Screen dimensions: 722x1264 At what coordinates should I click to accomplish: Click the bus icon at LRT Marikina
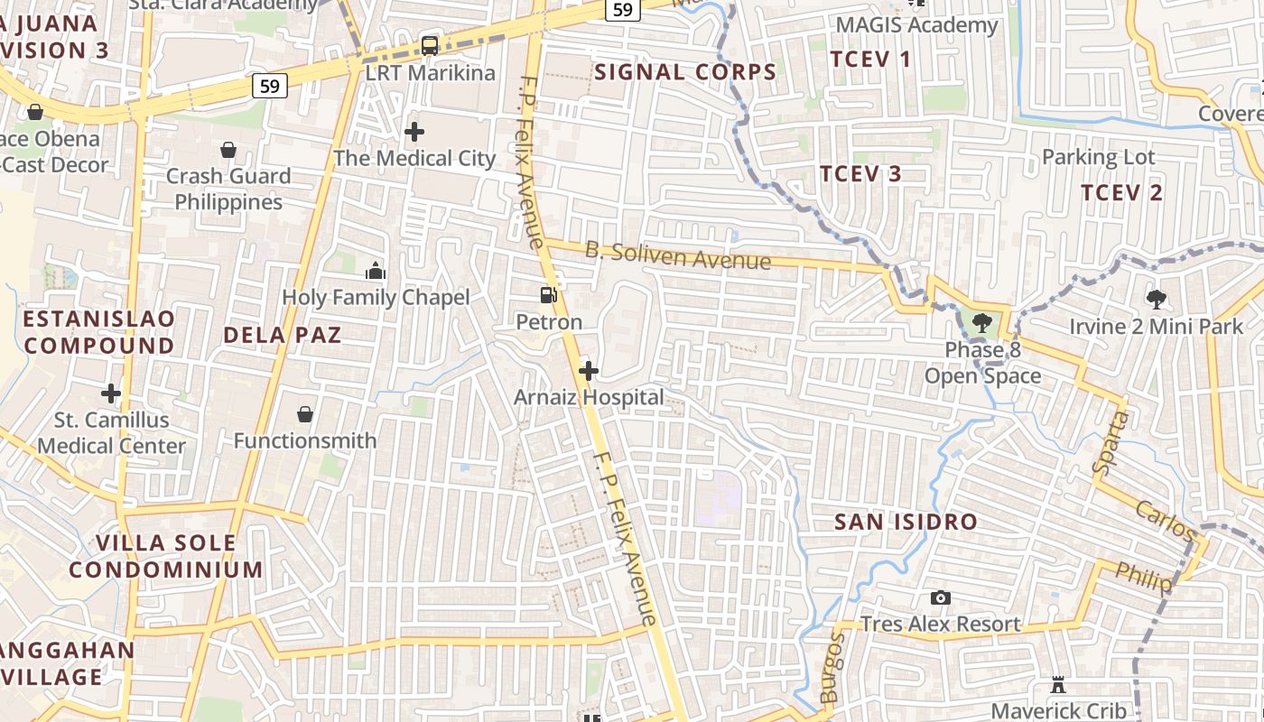coord(430,45)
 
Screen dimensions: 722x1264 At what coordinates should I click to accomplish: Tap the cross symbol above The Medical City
coord(414,132)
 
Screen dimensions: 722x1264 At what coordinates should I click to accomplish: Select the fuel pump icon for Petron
coord(548,295)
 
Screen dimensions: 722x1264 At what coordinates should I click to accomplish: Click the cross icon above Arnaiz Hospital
coord(589,371)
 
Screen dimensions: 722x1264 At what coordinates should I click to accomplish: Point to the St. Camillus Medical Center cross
coord(111,393)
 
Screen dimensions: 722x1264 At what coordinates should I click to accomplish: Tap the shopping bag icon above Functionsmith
coord(305,414)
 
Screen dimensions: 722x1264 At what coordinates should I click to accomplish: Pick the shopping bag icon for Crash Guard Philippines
coord(228,149)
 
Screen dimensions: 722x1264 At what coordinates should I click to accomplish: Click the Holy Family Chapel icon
coord(376,271)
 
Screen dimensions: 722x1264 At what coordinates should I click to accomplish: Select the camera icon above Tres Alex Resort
coord(940,597)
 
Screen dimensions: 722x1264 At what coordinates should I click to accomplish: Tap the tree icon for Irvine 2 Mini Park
coord(1156,299)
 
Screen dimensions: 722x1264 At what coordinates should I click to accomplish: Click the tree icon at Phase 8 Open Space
coord(982,322)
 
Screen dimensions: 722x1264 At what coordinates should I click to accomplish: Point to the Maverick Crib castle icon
coord(1058,686)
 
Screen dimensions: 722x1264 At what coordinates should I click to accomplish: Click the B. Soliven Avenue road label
coord(678,255)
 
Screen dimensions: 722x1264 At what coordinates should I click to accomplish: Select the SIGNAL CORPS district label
coord(685,72)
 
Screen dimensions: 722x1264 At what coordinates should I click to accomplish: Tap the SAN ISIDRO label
coord(906,522)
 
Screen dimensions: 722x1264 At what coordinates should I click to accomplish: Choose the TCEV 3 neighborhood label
coord(860,174)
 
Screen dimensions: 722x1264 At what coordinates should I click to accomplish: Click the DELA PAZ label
coord(283,335)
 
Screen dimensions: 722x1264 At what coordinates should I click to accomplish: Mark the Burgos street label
coord(832,668)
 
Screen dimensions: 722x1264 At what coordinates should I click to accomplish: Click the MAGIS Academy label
coord(916,25)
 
